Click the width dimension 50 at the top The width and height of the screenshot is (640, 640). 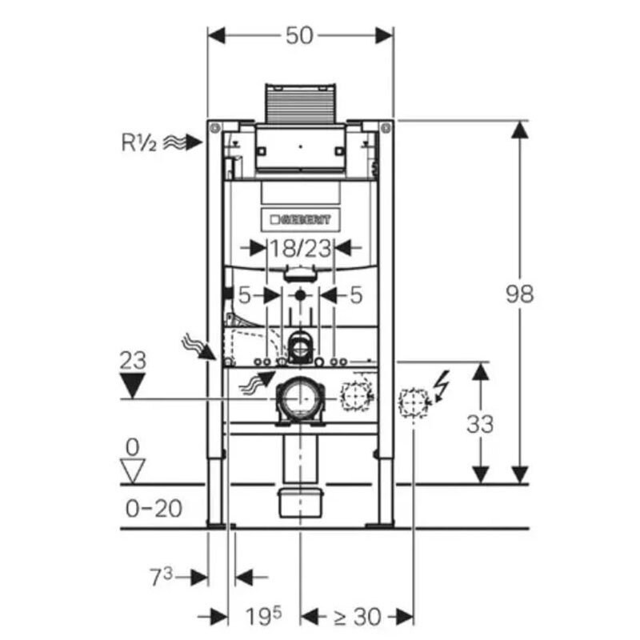coord(299,35)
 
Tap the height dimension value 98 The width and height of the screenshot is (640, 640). coord(520,294)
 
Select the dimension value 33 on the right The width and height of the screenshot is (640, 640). coord(480,423)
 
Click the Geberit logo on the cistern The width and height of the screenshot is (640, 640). coord(300,218)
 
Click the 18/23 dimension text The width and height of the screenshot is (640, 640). coord(300,248)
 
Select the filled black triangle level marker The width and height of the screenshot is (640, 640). coord(133,387)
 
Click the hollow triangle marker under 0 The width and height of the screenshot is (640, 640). coord(133,470)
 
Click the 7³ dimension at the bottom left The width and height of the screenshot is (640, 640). coord(162,575)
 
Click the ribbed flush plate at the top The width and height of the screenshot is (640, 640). coord(300,101)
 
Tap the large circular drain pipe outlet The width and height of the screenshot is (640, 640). coord(299,398)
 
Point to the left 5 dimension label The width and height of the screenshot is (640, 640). coord(245,295)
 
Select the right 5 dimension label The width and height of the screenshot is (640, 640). coord(356,295)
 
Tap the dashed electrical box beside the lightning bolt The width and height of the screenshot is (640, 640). coord(413,402)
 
